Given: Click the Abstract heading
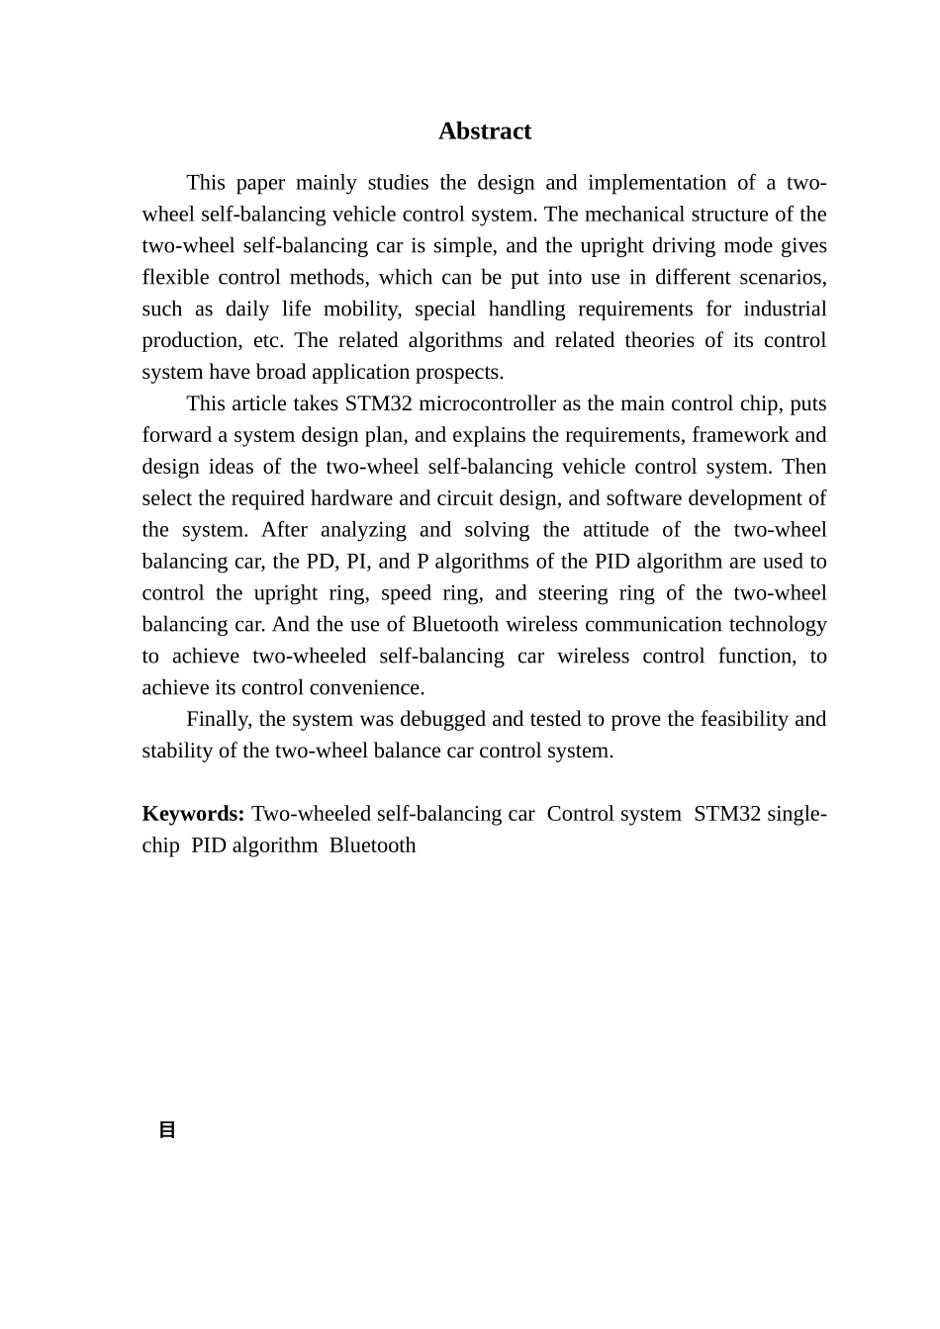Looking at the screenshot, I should tap(485, 132).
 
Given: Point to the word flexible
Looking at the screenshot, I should tap(174, 278).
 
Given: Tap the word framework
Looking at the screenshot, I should tap(740, 436).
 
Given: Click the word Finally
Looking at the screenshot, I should tap(220, 720).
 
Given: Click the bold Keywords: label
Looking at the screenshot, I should tap(193, 815).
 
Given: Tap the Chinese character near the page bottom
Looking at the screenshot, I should tap(167, 1130).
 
